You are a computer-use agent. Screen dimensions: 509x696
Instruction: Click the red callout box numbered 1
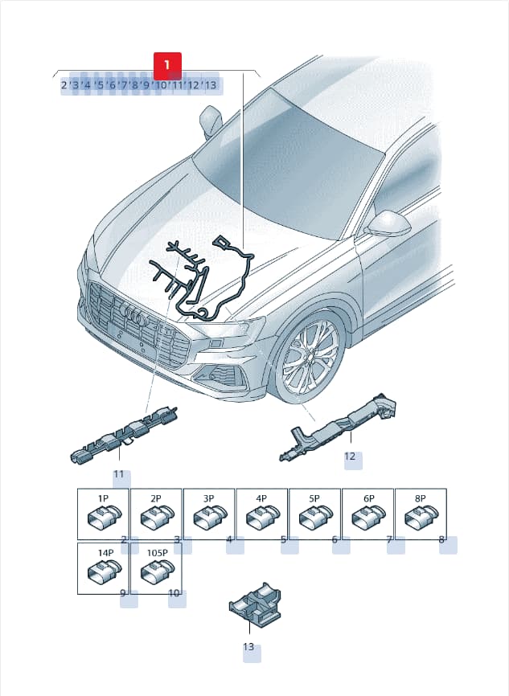pos(167,66)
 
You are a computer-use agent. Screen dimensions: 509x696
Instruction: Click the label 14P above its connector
pos(105,553)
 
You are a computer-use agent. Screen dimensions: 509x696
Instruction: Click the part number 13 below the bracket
pos(248,647)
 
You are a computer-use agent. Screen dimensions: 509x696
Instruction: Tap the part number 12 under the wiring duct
pos(350,456)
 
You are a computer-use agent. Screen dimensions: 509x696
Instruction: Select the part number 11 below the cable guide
pos(118,474)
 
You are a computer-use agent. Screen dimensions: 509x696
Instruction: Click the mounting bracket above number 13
pos(255,602)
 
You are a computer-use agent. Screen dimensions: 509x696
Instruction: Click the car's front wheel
pos(310,357)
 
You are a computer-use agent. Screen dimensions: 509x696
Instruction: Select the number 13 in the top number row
pos(210,84)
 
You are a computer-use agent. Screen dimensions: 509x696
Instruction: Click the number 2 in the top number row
pos(64,84)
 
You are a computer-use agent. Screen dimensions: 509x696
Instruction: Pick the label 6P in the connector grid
pos(368,499)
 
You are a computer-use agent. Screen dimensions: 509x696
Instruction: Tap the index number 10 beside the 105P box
pos(174,593)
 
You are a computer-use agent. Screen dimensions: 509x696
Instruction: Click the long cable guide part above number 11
pos(124,435)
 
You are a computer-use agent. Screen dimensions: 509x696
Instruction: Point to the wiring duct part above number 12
pos(338,427)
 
